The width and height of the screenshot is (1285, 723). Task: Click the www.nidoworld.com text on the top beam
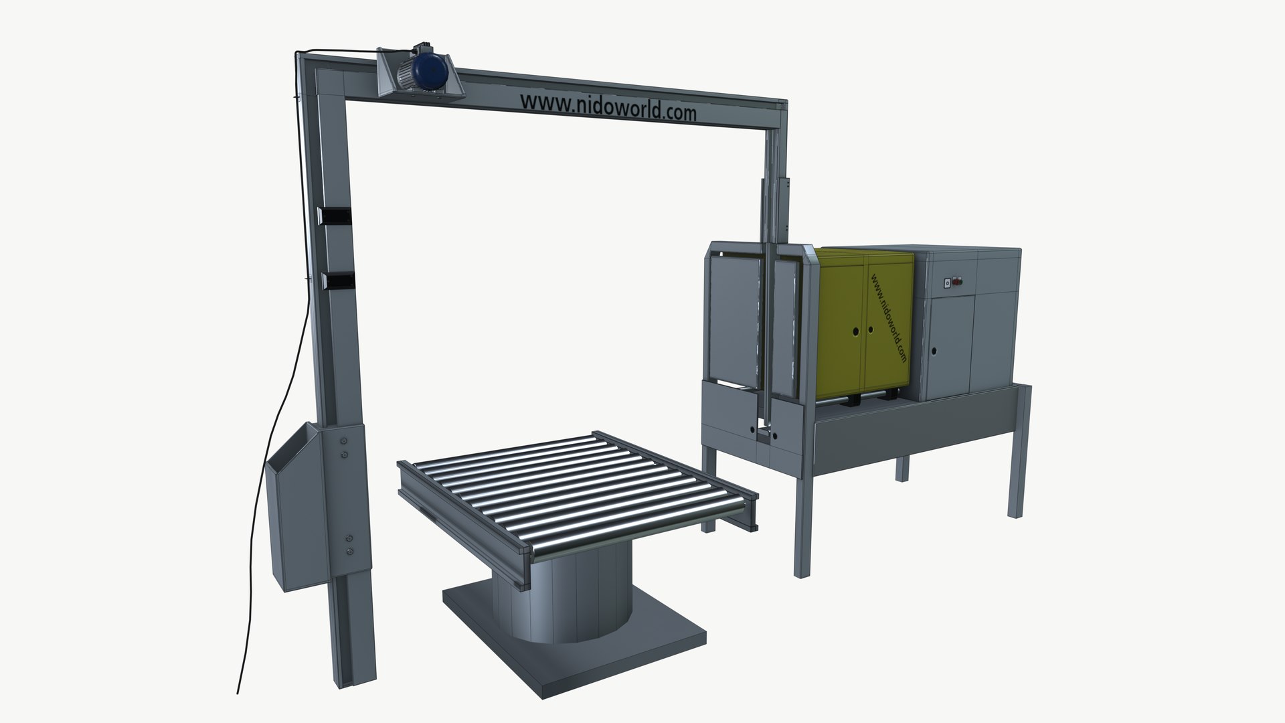point(608,107)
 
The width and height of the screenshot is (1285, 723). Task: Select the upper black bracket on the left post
point(334,216)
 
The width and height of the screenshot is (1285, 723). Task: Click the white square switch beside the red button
point(946,283)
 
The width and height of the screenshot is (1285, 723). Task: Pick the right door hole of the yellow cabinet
point(870,329)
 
